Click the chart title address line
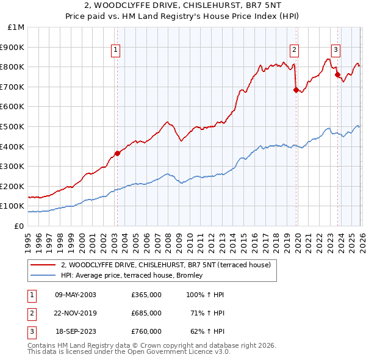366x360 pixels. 182,5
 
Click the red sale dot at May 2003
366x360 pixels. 117,153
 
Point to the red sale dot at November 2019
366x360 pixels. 296,90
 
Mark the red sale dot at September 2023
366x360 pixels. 337,75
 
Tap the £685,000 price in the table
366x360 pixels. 146,313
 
